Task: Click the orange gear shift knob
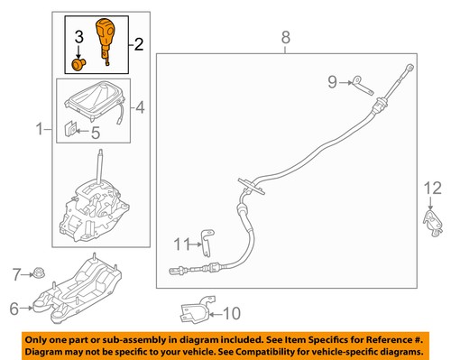pos(105,38)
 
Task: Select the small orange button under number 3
pos(78,65)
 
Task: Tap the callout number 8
pos(286,38)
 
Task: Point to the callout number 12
pos(432,189)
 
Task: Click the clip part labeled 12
pos(433,223)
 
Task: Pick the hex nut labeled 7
pos(39,273)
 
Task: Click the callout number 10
pos(231,313)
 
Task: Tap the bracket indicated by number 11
pos(207,243)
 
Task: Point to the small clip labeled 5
pos(70,129)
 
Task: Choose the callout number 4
pos(140,107)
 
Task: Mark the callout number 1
pos(40,129)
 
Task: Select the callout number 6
pos(14,309)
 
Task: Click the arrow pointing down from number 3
pos(78,51)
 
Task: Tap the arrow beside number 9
pos(345,82)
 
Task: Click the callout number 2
pos(139,44)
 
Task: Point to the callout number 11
pos(182,244)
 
